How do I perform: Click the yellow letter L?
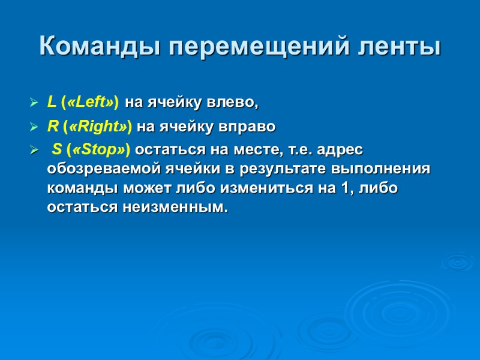coord(51,103)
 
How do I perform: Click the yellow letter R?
coord(52,127)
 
